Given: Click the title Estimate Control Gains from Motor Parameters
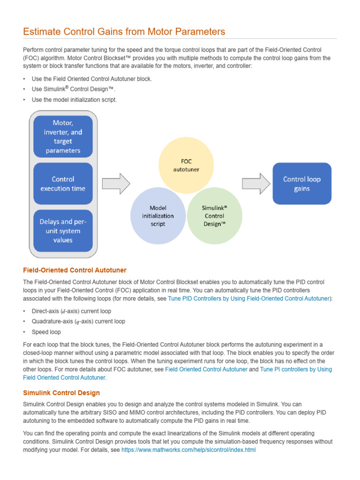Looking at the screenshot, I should [124, 32].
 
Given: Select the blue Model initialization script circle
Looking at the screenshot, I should [158, 216].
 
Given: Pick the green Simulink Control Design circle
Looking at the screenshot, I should [214, 216].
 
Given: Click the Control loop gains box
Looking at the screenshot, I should [302, 184].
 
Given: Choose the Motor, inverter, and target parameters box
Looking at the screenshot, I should [63, 136].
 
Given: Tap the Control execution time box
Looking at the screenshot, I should [63, 184].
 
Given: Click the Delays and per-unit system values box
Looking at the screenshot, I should [63, 231].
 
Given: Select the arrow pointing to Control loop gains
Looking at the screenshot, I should [256, 184].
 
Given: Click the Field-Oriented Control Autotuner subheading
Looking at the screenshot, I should [75, 270].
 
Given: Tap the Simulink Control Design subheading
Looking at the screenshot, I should [61, 393].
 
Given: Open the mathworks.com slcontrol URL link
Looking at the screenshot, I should [188, 450].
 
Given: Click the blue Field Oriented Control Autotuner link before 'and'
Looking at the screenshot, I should [206, 369].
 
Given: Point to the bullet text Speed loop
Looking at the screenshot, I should [46, 332].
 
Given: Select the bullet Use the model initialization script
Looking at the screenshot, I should [74, 100].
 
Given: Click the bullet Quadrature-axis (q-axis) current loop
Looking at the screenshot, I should [78, 322].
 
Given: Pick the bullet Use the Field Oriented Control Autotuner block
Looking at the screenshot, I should [91, 79].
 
